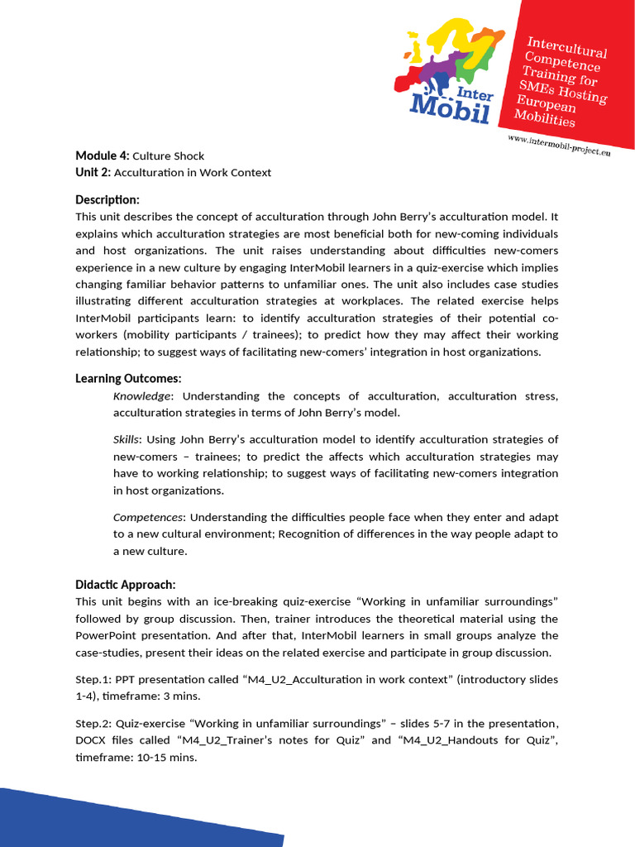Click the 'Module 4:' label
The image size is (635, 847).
coord(103,156)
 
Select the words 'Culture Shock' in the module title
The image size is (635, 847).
coord(168,156)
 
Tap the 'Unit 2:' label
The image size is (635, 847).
coord(93,172)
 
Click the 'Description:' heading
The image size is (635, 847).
coord(107,199)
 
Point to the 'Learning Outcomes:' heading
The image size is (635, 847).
coord(128,378)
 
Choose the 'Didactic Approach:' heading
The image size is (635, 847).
coord(125,584)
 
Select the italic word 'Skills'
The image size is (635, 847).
coord(126,439)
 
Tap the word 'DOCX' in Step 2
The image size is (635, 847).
coord(92,739)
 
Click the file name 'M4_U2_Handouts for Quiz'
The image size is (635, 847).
coord(474,739)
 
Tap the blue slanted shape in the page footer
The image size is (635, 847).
coord(124,819)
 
